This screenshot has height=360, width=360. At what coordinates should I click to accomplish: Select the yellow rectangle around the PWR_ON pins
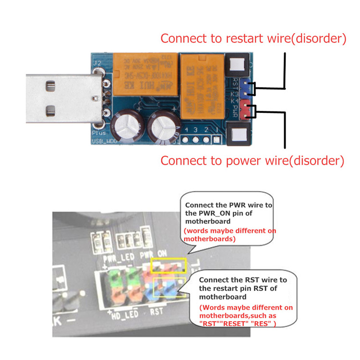click(168, 266)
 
